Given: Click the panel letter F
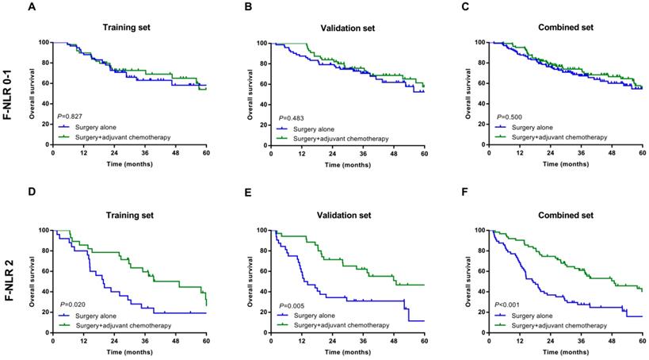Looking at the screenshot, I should click(x=449, y=193).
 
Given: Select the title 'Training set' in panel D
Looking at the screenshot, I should click(x=130, y=214).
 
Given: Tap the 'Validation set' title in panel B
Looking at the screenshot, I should click(x=349, y=26).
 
